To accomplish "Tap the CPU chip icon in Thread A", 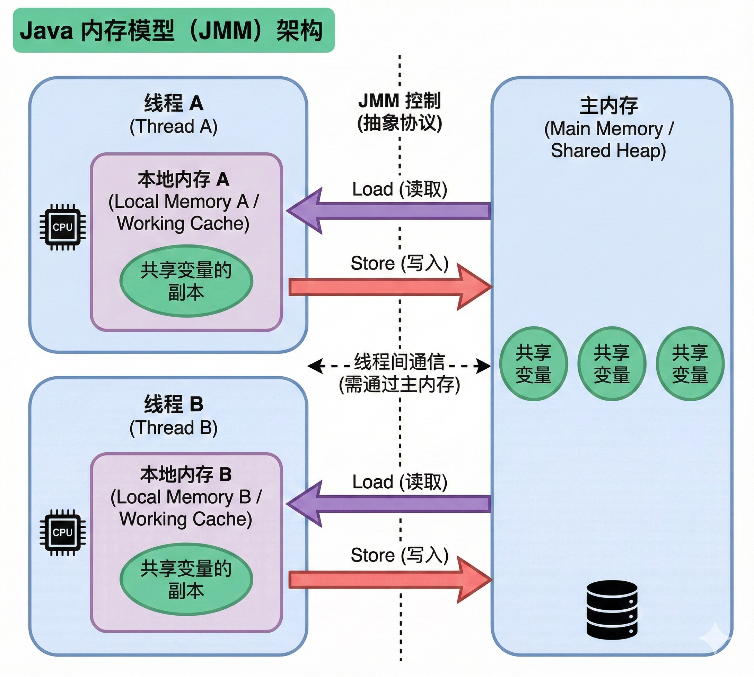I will pyautogui.click(x=62, y=227).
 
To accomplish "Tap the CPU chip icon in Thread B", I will pyautogui.click(x=62, y=532).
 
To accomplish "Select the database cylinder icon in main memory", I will pyautogui.click(x=612, y=609).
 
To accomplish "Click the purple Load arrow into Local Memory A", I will pyautogui.click(x=388, y=211).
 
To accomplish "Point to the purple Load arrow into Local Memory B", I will pyautogui.click(x=388, y=504).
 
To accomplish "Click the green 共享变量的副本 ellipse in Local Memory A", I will pyautogui.click(x=186, y=281).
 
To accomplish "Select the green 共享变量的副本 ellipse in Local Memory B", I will pyautogui.click(x=186, y=579).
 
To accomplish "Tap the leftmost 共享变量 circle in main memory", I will pyautogui.click(x=533, y=363).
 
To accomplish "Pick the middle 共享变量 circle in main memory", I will pyautogui.click(x=612, y=363).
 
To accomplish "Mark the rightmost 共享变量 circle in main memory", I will pyautogui.click(x=690, y=363).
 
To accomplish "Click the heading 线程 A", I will pyautogui.click(x=174, y=103).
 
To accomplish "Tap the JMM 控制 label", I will pyautogui.click(x=400, y=101).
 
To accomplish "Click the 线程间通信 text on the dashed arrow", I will pyautogui.click(x=400, y=361).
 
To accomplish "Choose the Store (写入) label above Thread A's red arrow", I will pyautogui.click(x=400, y=263).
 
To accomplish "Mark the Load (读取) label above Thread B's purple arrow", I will pyautogui.click(x=400, y=482).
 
